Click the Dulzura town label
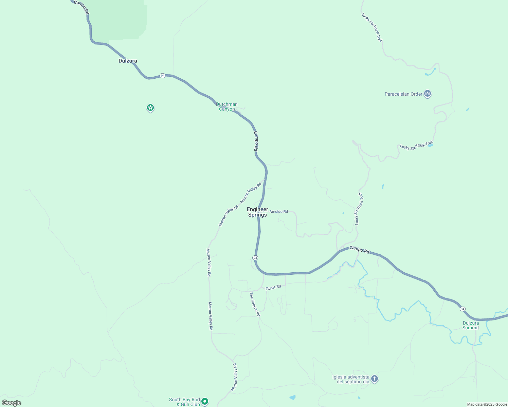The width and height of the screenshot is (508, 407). click(128, 61)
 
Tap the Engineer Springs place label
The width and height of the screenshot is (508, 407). click(257, 212)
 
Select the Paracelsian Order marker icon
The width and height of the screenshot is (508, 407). click(428, 94)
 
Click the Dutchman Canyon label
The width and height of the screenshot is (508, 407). click(227, 106)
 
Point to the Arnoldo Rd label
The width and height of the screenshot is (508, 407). click(278, 212)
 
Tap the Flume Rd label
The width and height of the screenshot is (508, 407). click(273, 287)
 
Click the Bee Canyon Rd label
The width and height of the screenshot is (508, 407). click(255, 304)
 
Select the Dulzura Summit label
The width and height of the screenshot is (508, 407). click(471, 325)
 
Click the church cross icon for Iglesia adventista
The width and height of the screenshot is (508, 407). click(374, 379)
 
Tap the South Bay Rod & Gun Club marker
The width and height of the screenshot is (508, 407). click(205, 401)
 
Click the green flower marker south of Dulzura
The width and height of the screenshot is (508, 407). click(150, 108)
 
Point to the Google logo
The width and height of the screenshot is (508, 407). click(12, 403)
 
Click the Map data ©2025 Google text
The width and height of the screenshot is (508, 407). click(487, 404)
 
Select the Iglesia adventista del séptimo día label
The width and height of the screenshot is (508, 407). click(351, 379)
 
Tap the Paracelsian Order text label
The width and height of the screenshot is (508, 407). click(403, 94)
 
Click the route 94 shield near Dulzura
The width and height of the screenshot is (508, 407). click(163, 76)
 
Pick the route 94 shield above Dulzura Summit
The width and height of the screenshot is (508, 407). click(462, 309)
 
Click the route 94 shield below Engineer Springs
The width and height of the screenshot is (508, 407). click(255, 258)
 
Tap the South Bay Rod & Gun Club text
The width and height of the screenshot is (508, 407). click(184, 402)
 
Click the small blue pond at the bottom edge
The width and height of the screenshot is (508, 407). click(292, 397)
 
